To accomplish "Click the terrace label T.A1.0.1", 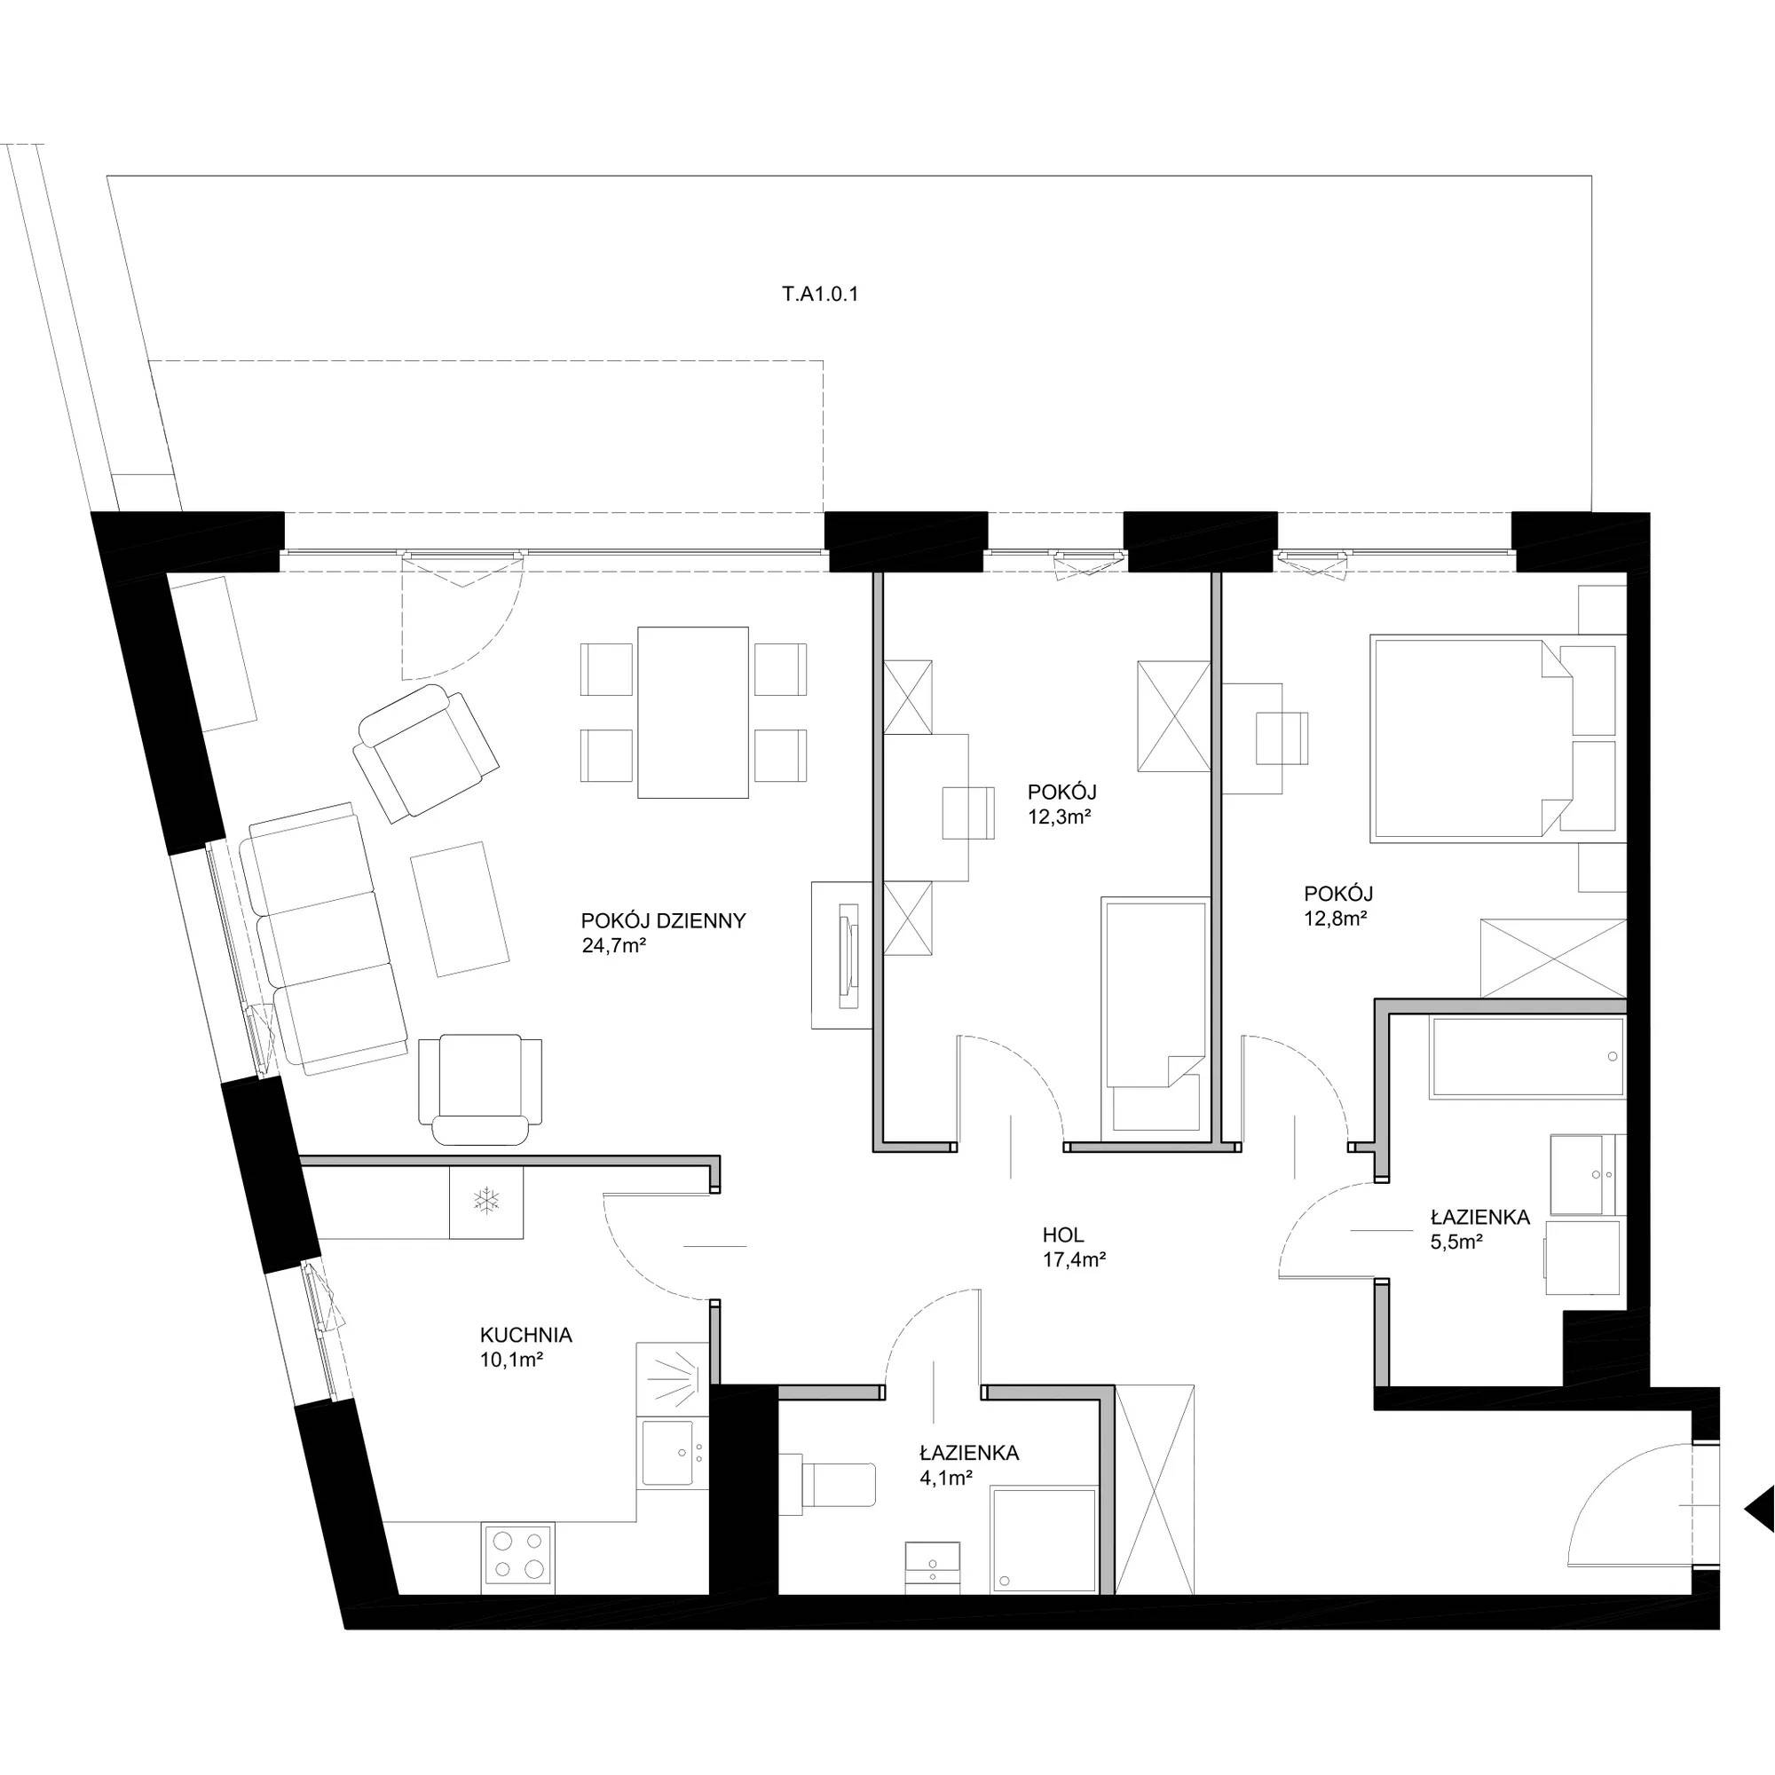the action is coord(819,296).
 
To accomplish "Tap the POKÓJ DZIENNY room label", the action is coord(662,920).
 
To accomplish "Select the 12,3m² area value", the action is coord(1060,815).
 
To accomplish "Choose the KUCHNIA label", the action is coord(526,1335).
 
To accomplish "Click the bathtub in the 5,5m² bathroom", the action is coord(1526,1056).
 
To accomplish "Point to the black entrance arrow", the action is coord(1761,1533).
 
